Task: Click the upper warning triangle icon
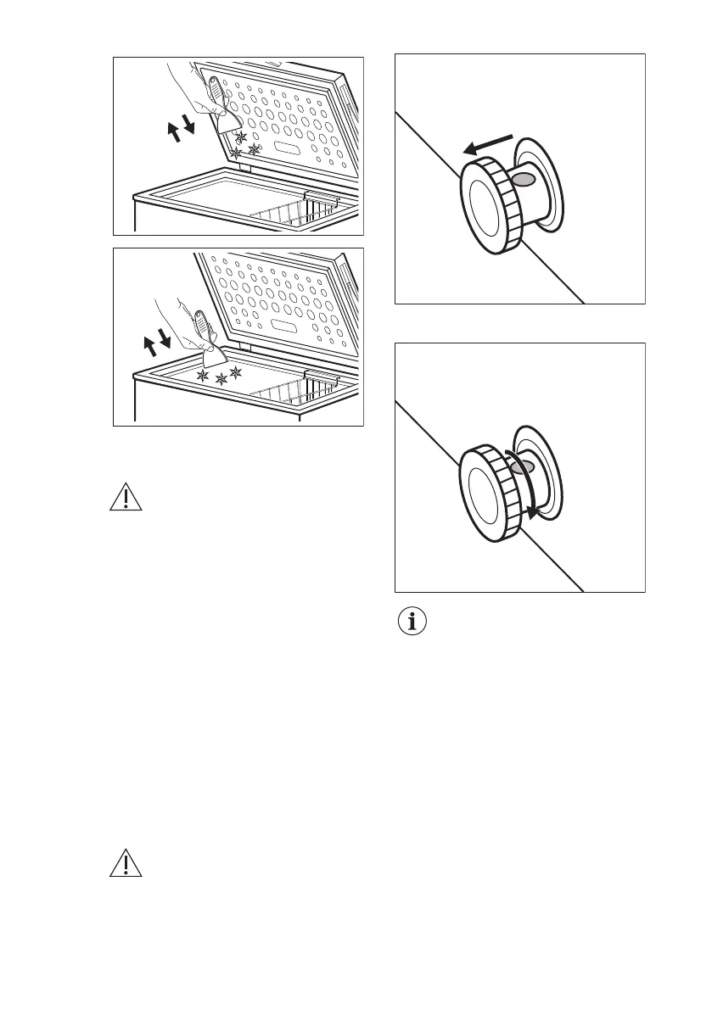click(x=125, y=498)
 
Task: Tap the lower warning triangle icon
click(x=125, y=862)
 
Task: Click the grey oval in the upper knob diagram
click(x=524, y=180)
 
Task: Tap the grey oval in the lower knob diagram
click(x=524, y=468)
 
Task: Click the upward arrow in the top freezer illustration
click(x=175, y=132)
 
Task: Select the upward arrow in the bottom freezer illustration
click(x=151, y=346)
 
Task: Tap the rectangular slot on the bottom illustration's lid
click(x=287, y=327)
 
